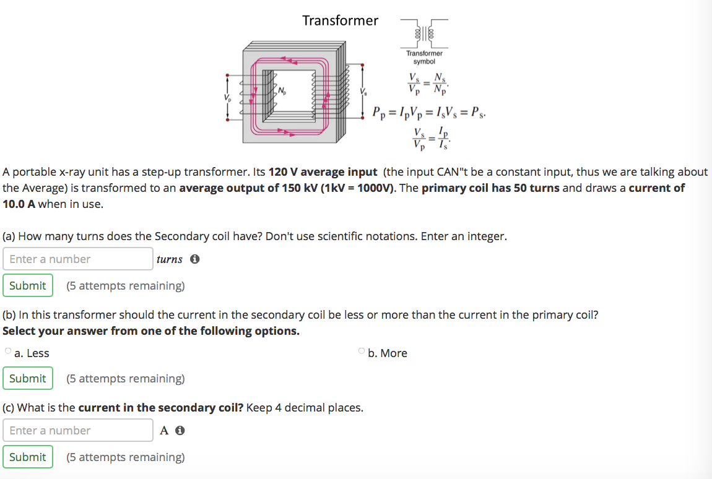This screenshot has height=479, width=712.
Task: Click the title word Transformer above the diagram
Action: pos(340,20)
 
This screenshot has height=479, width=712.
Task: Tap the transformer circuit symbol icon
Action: pos(424,33)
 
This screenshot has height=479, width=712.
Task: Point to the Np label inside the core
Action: pos(282,92)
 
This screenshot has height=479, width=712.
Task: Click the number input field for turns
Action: pos(78,259)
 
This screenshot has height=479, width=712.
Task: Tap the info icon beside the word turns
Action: pos(194,259)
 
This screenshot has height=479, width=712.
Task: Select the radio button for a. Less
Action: pos(8,352)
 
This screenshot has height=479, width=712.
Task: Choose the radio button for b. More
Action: pos(362,352)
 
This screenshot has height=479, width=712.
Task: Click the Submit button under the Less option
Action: pos(27,378)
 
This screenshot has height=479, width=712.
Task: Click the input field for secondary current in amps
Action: pos(78,431)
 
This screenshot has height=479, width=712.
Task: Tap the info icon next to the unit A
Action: pos(180,431)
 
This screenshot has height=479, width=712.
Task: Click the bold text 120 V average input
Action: pos(323,171)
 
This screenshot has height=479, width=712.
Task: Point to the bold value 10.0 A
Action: pos(20,204)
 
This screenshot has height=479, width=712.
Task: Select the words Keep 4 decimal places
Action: pos(305,408)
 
